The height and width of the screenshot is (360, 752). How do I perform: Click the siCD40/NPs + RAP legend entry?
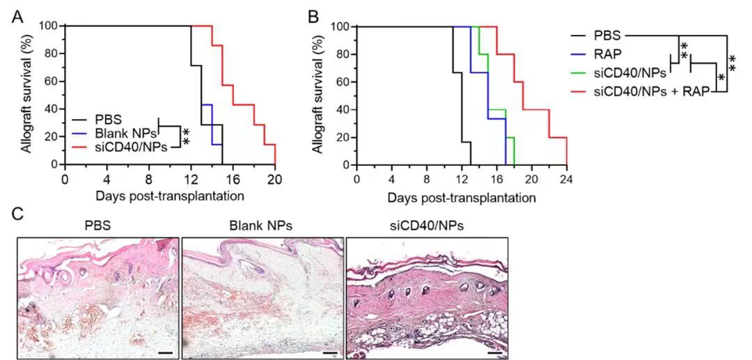[651, 91]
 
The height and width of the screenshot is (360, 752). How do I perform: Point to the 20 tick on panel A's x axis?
[275, 178]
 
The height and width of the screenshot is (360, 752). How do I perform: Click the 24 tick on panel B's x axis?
[567, 179]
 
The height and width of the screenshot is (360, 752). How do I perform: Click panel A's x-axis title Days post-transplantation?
[170, 196]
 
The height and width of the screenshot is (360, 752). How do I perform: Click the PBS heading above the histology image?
[97, 226]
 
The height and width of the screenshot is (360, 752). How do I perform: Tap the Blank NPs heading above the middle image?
[262, 226]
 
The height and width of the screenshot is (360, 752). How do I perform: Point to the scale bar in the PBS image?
[164, 352]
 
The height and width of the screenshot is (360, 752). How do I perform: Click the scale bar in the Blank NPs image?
[329, 352]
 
